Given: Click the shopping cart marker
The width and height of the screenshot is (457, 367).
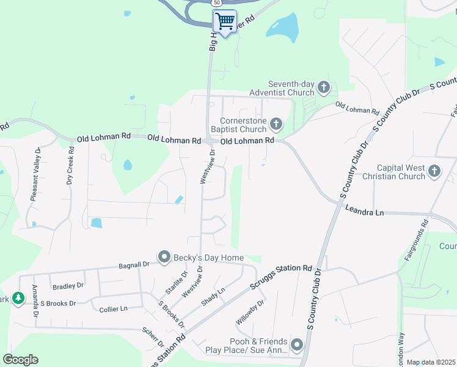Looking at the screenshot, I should click(225, 21).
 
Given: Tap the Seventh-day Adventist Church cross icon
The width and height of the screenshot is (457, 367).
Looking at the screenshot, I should click(323, 88).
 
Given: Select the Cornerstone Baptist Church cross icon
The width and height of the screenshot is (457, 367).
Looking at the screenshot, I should click(276, 125).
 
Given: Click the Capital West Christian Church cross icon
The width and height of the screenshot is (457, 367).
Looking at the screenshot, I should click(434, 171).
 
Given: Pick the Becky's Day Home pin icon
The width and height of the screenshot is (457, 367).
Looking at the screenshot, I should click(164, 258).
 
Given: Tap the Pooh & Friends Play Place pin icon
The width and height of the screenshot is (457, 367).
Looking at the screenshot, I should click(297, 346).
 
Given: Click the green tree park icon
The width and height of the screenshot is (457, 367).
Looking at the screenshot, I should click(18, 298).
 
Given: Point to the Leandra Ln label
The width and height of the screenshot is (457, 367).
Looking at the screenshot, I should click(364, 212).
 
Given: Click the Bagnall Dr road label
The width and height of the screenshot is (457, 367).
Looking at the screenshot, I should click(134, 266).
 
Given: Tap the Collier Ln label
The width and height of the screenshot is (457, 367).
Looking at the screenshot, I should click(114, 310).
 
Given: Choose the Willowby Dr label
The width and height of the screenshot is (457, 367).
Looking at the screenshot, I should click(250, 313).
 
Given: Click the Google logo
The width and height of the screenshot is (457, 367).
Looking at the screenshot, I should click(20, 360).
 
